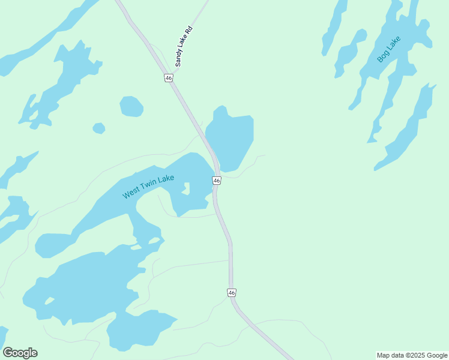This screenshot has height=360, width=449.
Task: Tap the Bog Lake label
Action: (388, 49)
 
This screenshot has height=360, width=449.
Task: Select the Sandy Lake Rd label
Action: (187, 45)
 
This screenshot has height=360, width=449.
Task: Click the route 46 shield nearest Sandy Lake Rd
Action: (169, 78)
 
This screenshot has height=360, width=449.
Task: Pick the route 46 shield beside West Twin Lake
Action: (217, 181)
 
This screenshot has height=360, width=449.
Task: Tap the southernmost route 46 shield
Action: (232, 292)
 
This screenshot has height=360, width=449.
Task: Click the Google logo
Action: (20, 353)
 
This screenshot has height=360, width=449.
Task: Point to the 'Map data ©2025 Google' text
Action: (412, 355)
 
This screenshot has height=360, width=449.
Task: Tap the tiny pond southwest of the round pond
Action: (99, 128)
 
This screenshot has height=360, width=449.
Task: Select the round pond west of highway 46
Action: (131, 106)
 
